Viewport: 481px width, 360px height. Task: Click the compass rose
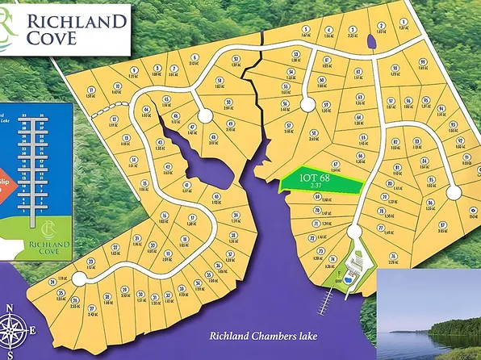tap(15, 327)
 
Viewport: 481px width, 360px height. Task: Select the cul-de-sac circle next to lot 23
tap(79, 278)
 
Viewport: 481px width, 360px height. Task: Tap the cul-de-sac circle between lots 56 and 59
tap(307, 103)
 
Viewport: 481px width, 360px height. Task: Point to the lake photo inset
tap(429, 316)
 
